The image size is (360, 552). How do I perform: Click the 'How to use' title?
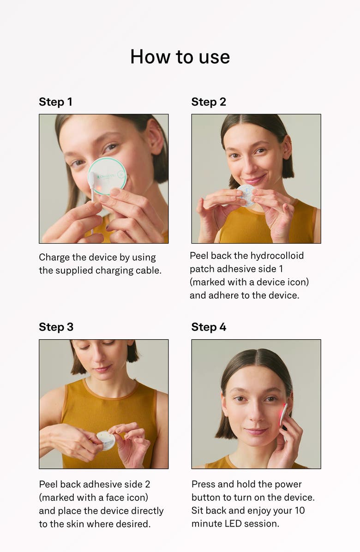(x=180, y=57)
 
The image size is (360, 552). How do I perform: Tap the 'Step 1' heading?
(x=55, y=102)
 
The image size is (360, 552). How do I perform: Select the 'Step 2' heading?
(x=209, y=102)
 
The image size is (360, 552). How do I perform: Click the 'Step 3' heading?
(x=56, y=327)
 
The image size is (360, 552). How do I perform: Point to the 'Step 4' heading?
(x=209, y=327)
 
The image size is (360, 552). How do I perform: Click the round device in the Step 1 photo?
(x=109, y=175)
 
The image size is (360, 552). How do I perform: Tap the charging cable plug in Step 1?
(x=92, y=180)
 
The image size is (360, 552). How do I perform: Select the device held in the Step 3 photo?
(x=107, y=440)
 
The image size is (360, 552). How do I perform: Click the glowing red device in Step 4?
(x=283, y=414)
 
